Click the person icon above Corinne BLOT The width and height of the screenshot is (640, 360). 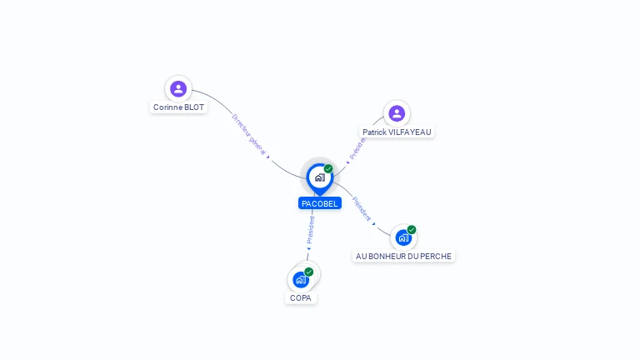178,88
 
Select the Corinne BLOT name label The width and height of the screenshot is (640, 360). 178,107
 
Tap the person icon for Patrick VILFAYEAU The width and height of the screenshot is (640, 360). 397,112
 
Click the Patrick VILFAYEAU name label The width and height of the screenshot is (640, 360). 397,132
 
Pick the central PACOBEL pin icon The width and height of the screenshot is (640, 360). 319,177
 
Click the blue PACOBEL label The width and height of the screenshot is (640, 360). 320,203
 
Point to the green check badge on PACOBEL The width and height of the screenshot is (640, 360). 328,169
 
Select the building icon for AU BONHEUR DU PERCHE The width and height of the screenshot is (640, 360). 403,237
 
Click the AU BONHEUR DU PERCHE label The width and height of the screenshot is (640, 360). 403,257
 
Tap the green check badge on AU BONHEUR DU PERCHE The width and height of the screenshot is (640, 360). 412,230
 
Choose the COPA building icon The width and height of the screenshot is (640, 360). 301,280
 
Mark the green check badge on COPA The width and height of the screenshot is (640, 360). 309,272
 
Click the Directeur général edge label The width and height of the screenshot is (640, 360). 249,134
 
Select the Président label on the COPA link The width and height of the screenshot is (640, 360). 311,229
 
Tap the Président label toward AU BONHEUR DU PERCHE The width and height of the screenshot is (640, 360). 362,208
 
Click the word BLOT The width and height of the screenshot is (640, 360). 193,107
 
